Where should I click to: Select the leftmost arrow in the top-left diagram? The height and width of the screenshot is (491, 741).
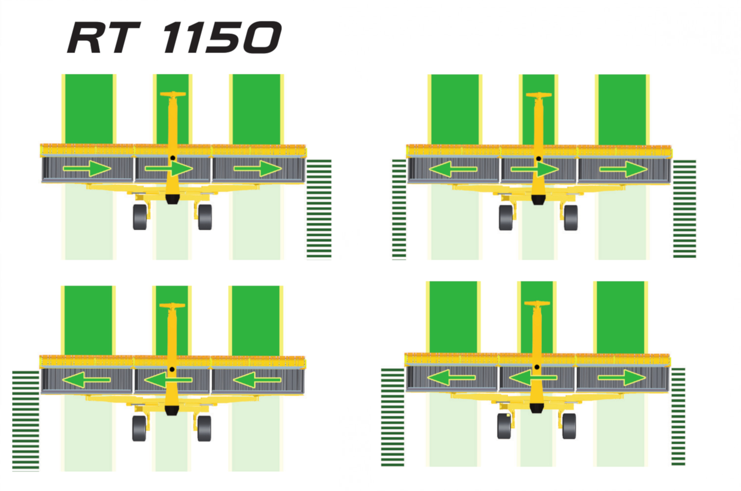coord(87,169)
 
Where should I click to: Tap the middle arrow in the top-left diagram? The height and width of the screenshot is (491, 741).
coord(169,169)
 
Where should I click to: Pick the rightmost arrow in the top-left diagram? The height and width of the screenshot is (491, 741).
coord(258,169)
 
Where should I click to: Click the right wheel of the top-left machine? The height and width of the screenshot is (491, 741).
coord(205,217)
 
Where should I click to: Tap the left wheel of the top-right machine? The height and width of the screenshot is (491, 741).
coord(506,217)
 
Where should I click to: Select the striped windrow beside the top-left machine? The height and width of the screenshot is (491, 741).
coord(319,208)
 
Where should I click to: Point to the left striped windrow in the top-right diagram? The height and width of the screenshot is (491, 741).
coord(399,209)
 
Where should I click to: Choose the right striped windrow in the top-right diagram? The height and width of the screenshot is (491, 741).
coord(685,208)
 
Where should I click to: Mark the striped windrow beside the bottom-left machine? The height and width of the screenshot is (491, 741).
coord(26,420)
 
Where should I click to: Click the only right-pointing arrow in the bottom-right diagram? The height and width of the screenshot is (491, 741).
coord(621,378)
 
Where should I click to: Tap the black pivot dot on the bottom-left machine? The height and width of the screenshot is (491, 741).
coord(172,369)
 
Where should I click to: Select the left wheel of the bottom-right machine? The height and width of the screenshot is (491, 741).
coord(504,426)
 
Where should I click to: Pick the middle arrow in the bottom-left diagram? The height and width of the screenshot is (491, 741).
coord(168,380)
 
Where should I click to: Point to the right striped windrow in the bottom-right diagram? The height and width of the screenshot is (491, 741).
coord(678,416)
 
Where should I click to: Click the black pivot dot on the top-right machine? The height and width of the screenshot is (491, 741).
coord(538,159)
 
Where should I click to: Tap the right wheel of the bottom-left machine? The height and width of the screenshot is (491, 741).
coord(204,428)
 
